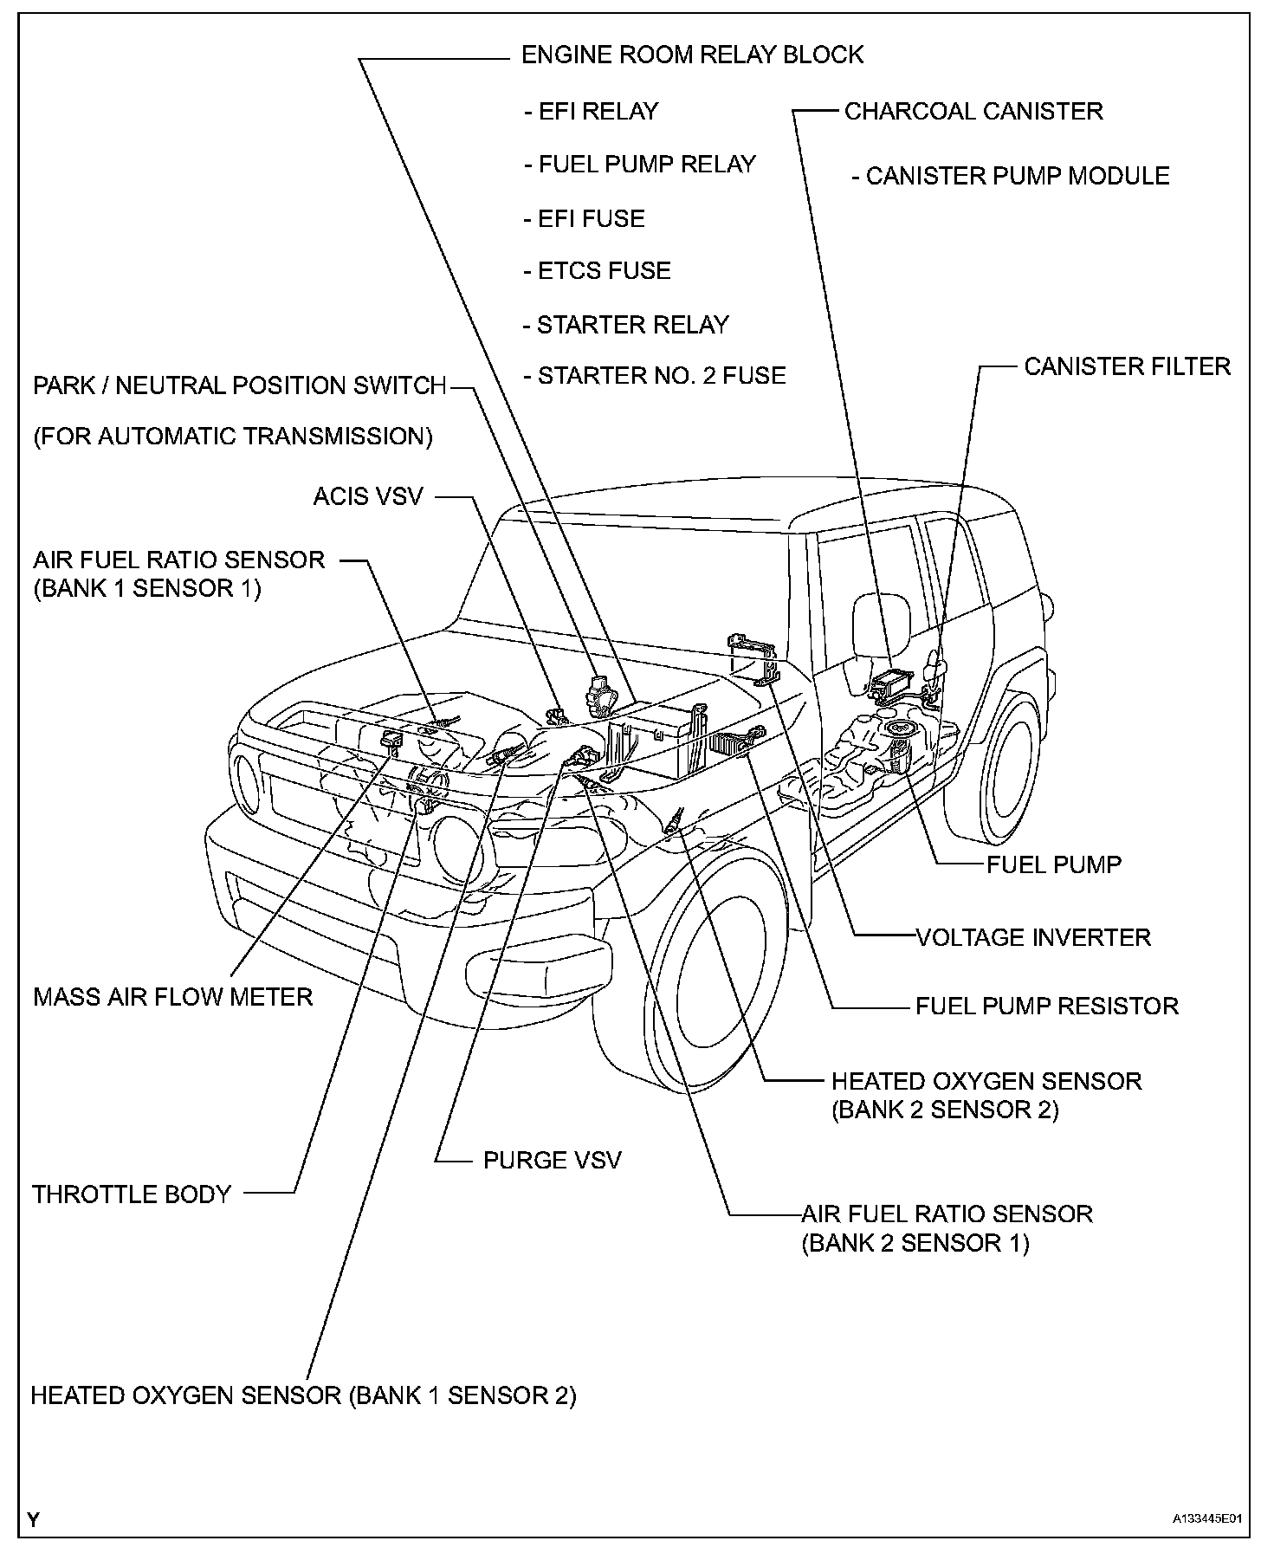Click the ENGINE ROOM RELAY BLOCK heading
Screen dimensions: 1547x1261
pos(692,55)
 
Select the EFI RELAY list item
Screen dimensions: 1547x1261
pos(592,111)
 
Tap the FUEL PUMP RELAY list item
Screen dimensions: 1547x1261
pos(640,165)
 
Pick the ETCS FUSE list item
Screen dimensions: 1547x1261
pos(598,271)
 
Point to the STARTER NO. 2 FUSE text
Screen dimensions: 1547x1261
pos(655,376)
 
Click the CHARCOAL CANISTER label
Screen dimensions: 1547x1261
pos(973,111)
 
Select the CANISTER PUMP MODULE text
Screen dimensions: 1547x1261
pos(1011,176)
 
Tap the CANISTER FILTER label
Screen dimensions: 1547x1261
pos(1127,366)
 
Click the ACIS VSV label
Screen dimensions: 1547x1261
pos(368,497)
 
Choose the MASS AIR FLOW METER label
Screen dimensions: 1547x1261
pos(172,996)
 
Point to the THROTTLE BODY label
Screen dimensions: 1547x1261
pos(132,1194)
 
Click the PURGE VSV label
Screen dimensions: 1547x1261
pos(552,1160)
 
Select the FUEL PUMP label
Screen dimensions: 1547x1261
pos(1054,864)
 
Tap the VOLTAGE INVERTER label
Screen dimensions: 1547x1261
pos(1033,936)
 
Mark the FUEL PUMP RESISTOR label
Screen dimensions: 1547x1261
pos(1047,1006)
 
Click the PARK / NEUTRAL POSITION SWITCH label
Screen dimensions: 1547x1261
pos(239,385)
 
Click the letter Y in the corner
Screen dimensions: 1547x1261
pos(33,1519)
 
